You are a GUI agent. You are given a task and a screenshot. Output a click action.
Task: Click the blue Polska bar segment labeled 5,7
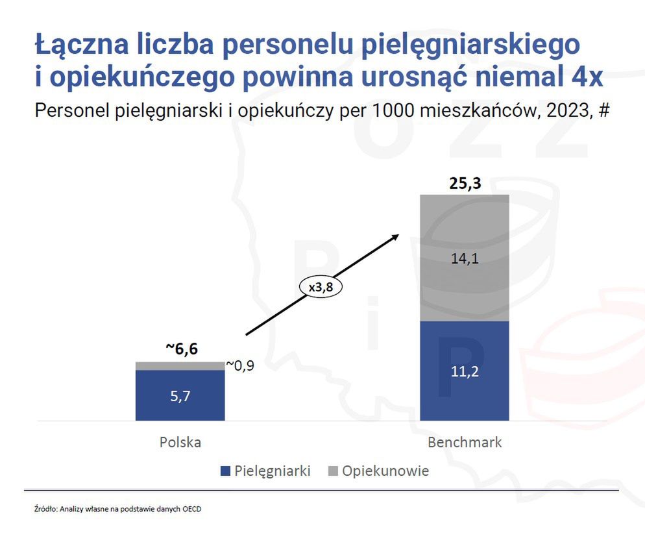[180, 395]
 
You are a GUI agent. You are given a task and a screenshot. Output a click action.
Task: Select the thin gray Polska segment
[180, 366]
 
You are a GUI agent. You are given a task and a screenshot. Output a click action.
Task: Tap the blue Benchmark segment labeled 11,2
[465, 371]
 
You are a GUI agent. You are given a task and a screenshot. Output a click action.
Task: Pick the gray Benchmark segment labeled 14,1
[465, 258]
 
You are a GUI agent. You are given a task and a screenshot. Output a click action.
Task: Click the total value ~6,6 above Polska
[181, 349]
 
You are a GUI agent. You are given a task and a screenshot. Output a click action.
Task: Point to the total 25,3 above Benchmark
[465, 184]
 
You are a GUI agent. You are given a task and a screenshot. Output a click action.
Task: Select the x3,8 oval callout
[320, 286]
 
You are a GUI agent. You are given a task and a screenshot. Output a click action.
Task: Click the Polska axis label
[180, 443]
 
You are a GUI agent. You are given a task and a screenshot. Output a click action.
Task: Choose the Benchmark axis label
[465, 443]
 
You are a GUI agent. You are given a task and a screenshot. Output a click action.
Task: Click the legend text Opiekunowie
[385, 471]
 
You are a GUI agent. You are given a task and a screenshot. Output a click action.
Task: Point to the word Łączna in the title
[76, 44]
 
